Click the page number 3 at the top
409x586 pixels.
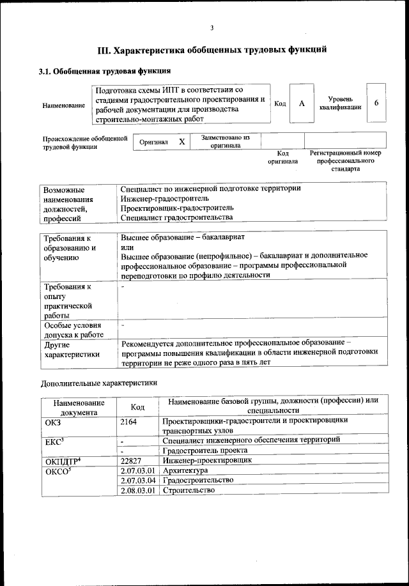211,27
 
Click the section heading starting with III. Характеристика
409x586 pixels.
212,49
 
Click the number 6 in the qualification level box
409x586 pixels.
376,104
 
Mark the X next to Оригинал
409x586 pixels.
181,141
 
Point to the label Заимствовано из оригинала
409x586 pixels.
226,141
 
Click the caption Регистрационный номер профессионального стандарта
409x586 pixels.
345,160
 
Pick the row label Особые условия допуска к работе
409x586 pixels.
73,330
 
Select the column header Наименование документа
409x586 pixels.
79,407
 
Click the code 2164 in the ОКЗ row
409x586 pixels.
129,422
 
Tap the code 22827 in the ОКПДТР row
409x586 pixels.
132,460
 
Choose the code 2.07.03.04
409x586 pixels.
138,480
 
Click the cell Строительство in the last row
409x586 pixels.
189,490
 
